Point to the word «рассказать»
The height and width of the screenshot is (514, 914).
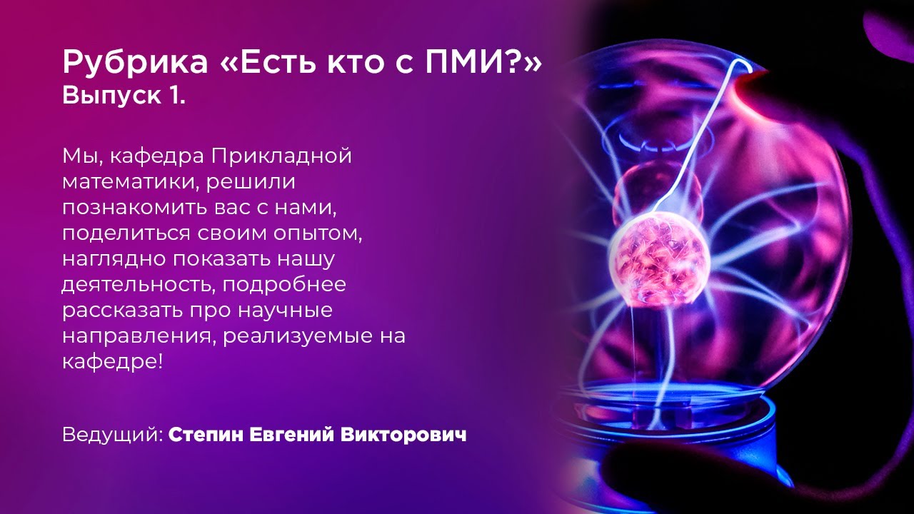click(x=120, y=311)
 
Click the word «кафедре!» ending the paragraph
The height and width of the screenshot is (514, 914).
click(x=113, y=361)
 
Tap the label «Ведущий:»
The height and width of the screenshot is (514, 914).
click(x=113, y=435)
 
